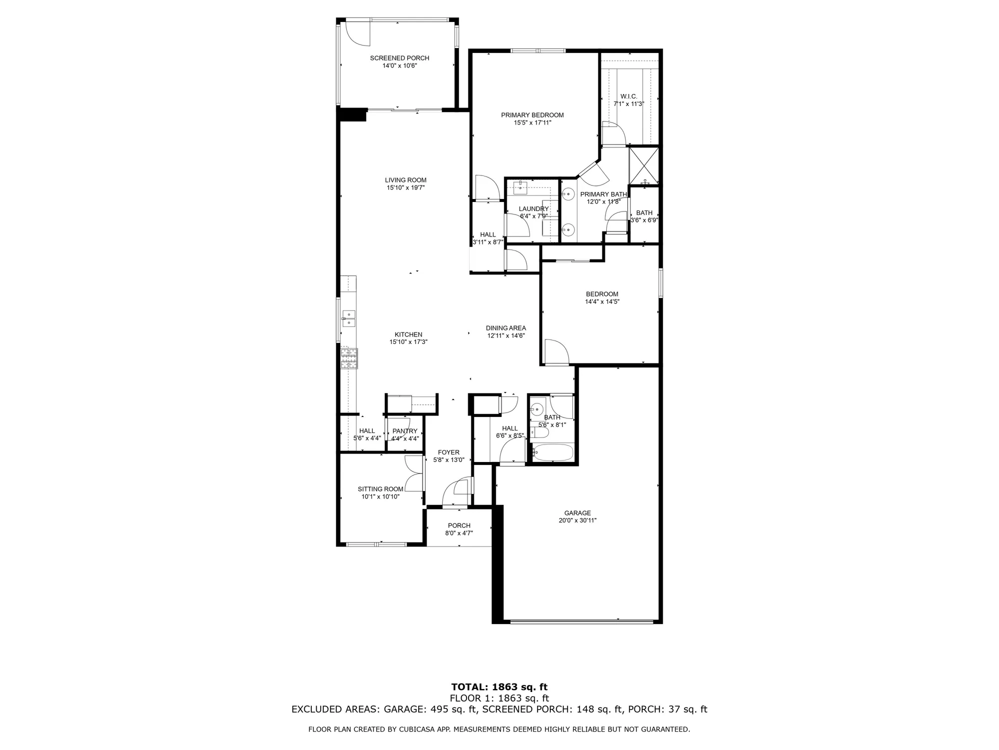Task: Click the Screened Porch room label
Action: coord(400,58)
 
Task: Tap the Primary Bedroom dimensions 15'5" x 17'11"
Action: coord(532,122)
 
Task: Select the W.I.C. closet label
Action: coord(629,96)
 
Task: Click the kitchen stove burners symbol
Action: coord(349,358)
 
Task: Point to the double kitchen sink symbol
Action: coord(348,318)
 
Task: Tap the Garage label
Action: coord(577,512)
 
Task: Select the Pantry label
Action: coord(405,431)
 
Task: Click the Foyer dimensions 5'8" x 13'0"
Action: coord(449,460)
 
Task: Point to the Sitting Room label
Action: coord(380,489)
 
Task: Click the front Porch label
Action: coord(459,525)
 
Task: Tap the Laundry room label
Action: coord(533,209)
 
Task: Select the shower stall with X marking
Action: coord(644,165)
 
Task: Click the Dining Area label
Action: coord(506,328)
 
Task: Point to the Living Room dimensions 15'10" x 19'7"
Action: coord(406,188)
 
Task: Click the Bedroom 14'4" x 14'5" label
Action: coord(602,294)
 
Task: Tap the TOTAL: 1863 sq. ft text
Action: coord(499,687)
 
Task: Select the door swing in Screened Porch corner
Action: coord(357,34)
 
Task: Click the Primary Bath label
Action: coord(603,194)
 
